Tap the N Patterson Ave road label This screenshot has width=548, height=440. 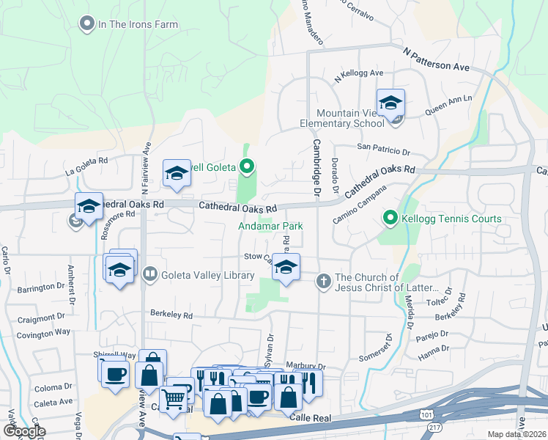click(436, 58)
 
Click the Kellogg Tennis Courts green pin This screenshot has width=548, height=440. click(390, 219)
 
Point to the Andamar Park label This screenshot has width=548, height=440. click(270, 227)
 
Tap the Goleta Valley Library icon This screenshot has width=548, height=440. click(150, 274)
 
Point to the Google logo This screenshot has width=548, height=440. click(23, 432)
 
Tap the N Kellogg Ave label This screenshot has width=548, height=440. click(359, 74)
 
